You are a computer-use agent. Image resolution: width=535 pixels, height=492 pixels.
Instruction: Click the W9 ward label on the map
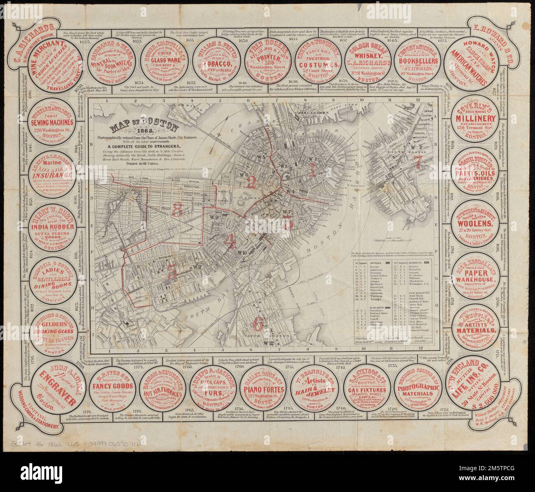213,217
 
